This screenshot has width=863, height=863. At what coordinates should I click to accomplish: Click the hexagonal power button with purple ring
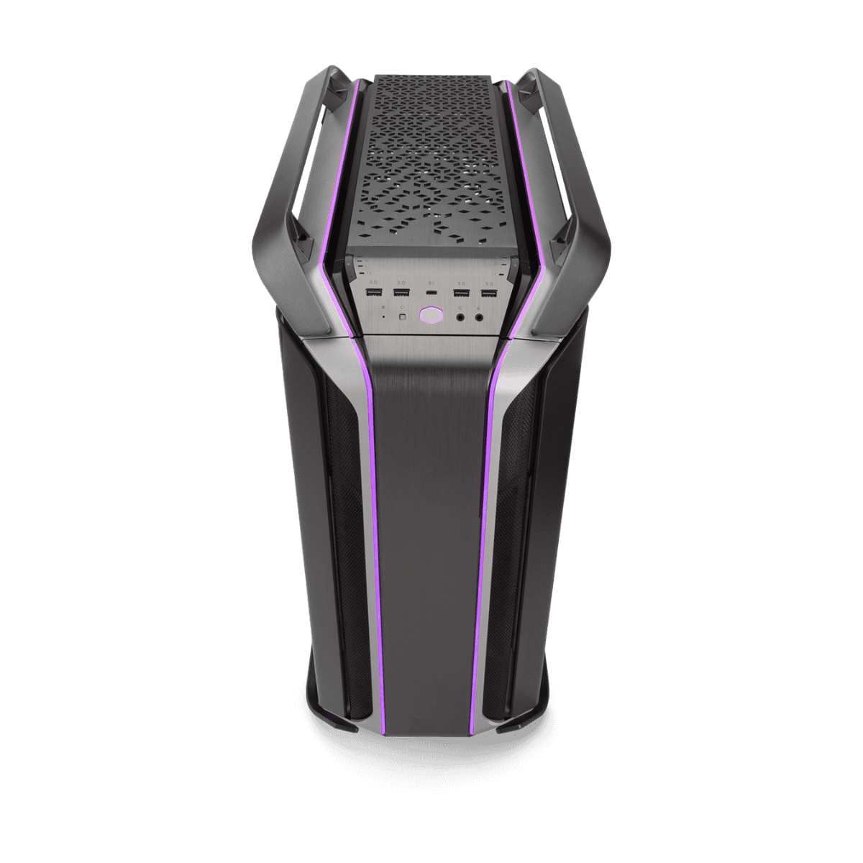tap(431, 314)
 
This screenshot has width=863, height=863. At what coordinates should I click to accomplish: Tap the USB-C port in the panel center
tap(431, 293)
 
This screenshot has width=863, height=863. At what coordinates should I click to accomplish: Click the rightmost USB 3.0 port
tap(488, 293)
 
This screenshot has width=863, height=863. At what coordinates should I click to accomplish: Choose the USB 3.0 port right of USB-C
tap(461, 293)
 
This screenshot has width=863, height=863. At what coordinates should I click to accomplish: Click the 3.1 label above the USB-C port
tap(431, 282)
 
